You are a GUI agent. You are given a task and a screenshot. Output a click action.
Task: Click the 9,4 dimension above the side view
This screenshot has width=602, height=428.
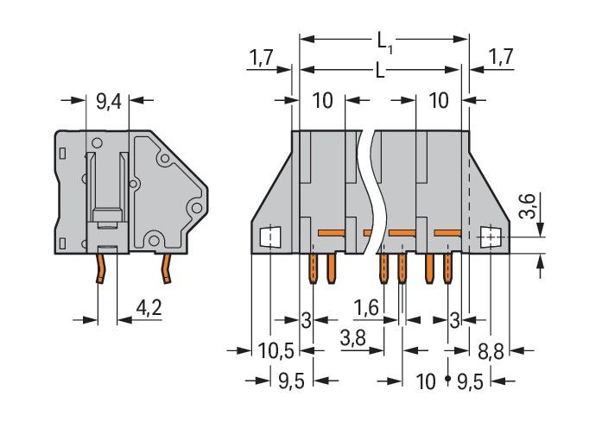pyautogui.click(x=108, y=102)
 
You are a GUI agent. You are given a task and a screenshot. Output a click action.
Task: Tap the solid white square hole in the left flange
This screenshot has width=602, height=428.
pyautogui.click(x=269, y=235)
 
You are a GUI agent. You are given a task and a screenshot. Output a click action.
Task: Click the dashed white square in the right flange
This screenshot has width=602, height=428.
pyautogui.click(x=490, y=235)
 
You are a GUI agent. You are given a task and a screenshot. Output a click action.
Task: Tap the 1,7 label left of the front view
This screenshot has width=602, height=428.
pyautogui.click(x=263, y=58)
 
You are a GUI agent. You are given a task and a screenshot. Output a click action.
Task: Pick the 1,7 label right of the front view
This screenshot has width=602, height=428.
pyautogui.click(x=501, y=58)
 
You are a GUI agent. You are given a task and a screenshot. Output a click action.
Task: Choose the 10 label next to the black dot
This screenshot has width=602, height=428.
pyautogui.click(x=426, y=380)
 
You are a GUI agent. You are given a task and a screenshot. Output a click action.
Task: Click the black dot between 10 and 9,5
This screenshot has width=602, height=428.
pyautogui.click(x=447, y=380)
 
